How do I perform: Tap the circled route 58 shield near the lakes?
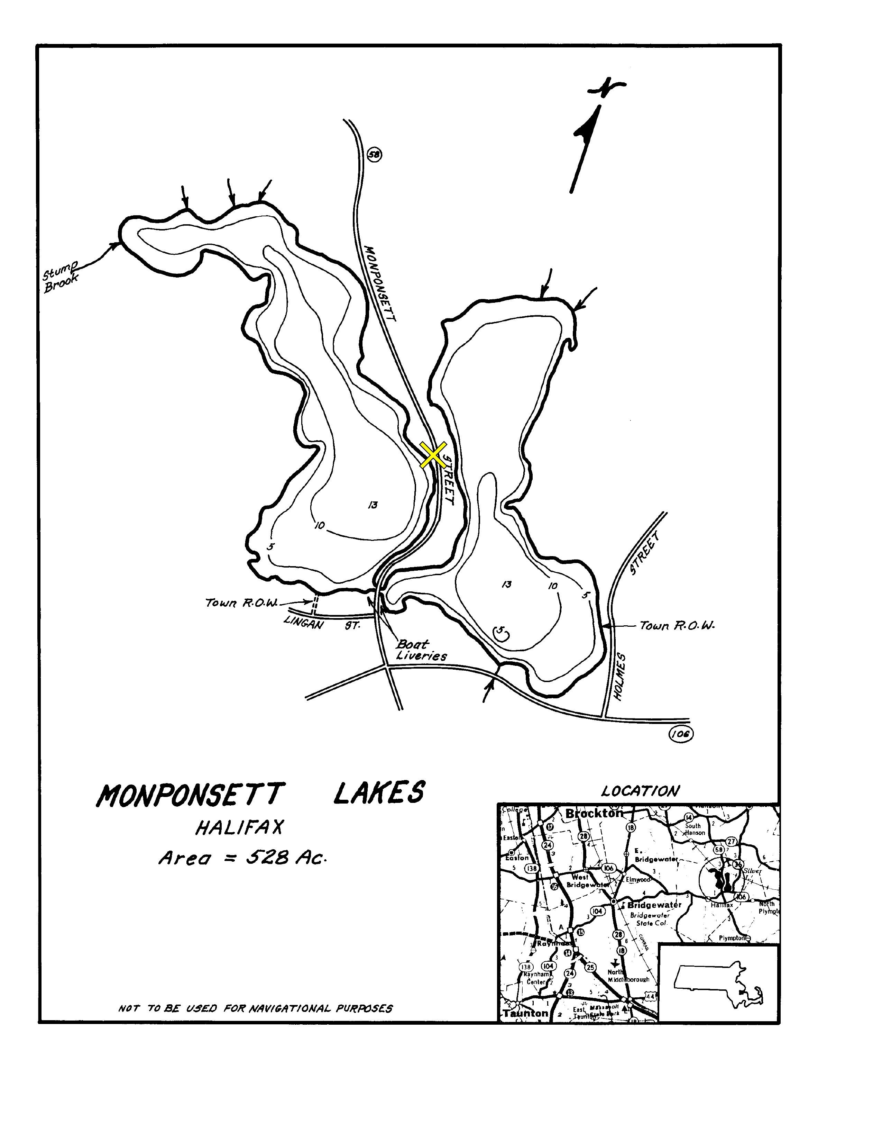(x=375, y=154)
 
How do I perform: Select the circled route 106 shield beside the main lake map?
(x=680, y=734)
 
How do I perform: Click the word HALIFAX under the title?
(x=240, y=828)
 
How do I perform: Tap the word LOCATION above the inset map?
(x=640, y=791)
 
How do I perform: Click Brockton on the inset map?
(x=594, y=814)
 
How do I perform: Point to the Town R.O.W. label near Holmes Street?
(x=677, y=625)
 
